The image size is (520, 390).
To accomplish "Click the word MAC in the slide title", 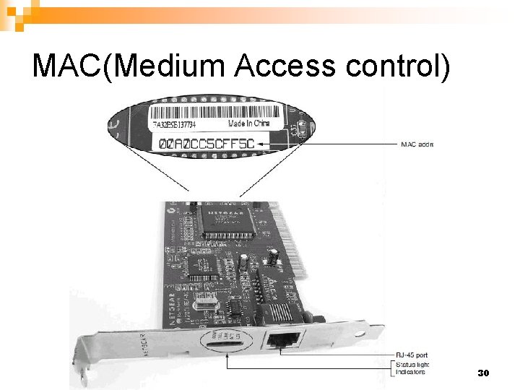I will coord(66,66).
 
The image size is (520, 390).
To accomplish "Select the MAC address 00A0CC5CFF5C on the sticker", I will coord(207,144).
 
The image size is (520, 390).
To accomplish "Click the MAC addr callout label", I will coord(417,144).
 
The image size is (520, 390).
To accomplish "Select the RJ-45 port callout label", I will coord(412,355).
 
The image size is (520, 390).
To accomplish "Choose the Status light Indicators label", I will coord(412,369).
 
